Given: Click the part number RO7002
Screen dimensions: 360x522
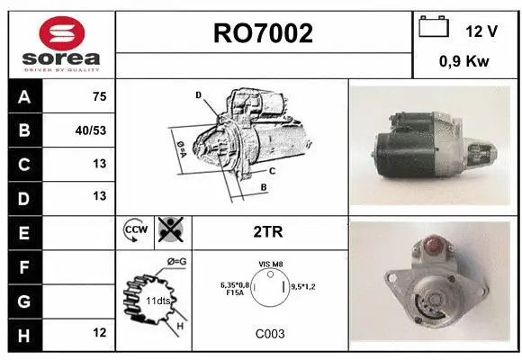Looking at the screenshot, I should click(x=264, y=33).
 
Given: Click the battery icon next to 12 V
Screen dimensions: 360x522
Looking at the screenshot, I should click(x=434, y=27).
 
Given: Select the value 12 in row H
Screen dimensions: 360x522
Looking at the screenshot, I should click(x=99, y=333).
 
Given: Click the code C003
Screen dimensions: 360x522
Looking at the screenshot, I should click(x=269, y=333).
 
